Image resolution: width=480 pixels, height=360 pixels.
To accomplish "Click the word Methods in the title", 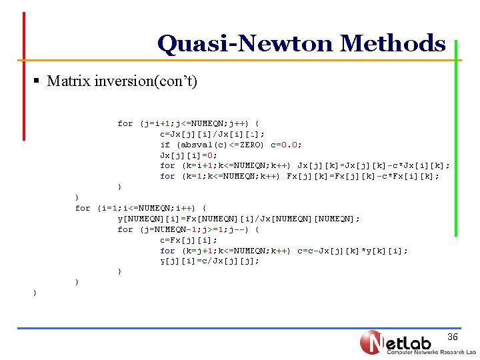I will [x=392, y=44].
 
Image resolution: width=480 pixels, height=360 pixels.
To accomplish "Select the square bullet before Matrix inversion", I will [x=37, y=82].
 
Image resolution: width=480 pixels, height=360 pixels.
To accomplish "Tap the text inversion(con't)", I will [x=148, y=82].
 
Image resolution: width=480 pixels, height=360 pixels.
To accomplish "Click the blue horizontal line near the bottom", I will [x=240, y=328].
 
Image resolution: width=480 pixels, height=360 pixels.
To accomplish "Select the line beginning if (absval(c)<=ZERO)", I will [x=231, y=145].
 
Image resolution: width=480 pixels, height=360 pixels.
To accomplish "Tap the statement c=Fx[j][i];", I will [x=188, y=240].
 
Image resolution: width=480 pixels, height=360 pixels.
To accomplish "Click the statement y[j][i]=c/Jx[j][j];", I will [x=209, y=261].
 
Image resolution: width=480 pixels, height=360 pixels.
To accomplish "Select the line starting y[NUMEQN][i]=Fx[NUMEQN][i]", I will [x=238, y=219].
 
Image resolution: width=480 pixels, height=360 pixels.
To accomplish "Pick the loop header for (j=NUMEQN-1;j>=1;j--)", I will [x=188, y=229].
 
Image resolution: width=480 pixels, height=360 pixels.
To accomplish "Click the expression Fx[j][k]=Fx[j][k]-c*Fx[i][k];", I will [x=363, y=177].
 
